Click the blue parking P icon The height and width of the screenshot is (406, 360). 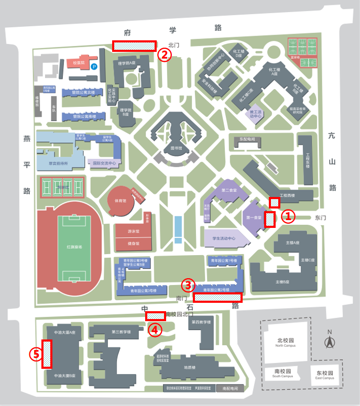pos(94,67)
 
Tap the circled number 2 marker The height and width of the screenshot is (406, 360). pos(165,54)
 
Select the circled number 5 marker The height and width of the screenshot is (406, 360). pos(36,355)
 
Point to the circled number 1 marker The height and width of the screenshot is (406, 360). pos(289,216)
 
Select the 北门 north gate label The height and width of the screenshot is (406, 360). pos(174,46)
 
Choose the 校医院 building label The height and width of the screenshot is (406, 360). pos(79,62)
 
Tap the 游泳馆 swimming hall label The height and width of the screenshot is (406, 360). pos(133,231)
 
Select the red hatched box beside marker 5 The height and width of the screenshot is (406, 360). pos(47,354)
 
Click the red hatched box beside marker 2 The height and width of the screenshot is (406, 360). pos(134,46)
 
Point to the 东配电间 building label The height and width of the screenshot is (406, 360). pos(247,140)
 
